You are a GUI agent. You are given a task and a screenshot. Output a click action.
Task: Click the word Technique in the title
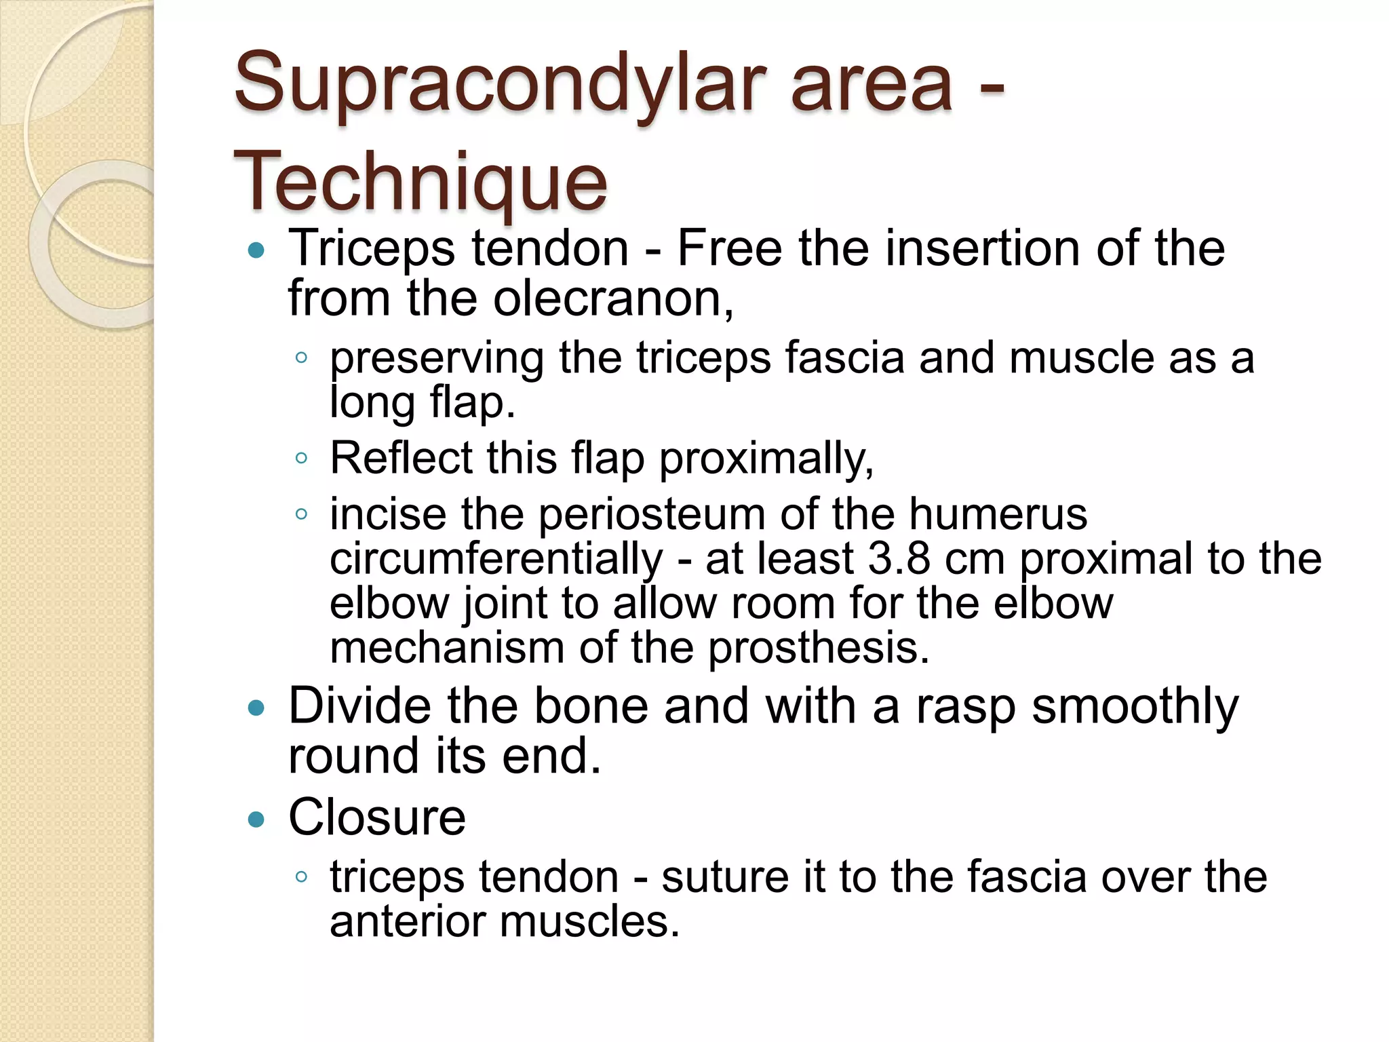tap(420, 182)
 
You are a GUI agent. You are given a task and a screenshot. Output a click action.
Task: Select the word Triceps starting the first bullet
tap(372, 248)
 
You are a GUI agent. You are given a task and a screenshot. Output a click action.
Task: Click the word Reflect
tap(400, 458)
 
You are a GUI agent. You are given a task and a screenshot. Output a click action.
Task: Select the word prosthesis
tap(819, 648)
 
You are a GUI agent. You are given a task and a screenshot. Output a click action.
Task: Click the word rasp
tap(966, 706)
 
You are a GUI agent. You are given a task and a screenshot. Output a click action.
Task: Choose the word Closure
tap(377, 817)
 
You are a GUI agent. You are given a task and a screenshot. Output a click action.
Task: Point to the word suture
tap(725, 876)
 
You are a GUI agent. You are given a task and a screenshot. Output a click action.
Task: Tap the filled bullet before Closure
tap(256, 819)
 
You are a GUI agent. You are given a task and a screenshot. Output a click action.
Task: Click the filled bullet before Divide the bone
tap(256, 709)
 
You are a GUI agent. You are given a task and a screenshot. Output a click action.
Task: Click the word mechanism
tap(447, 648)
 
